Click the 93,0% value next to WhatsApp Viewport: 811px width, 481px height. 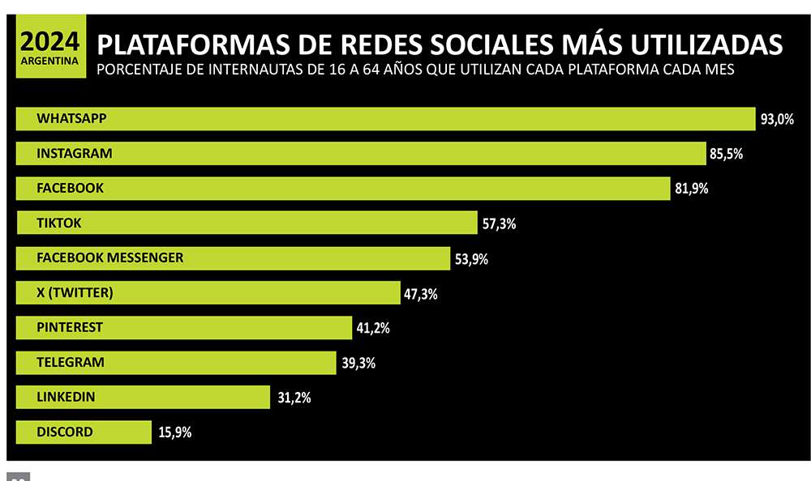(776, 119)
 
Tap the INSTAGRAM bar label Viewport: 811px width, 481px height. (75, 153)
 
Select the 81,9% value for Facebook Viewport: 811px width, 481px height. (692, 189)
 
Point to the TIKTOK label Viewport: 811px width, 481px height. (59, 223)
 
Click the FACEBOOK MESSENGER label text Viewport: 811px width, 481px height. (110, 258)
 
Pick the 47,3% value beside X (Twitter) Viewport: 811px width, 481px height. (420, 294)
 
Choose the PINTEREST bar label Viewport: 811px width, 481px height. (70, 327)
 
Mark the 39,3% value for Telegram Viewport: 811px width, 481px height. (358, 364)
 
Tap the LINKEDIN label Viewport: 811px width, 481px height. (66, 397)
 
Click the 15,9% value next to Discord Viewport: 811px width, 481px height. (174, 433)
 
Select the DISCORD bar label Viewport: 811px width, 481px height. (65, 432)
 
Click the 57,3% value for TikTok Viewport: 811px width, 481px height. (499, 224)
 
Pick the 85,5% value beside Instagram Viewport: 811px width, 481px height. (726, 153)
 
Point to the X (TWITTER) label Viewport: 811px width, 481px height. (75, 292)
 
